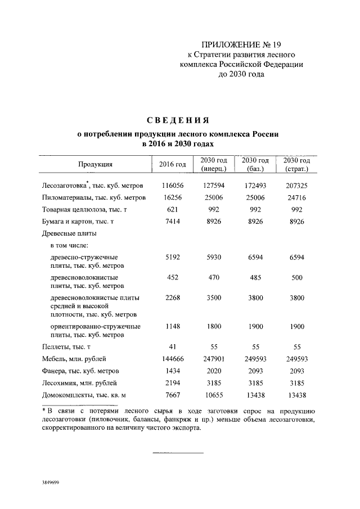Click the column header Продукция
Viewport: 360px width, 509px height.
(95, 164)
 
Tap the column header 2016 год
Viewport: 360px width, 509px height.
(173, 164)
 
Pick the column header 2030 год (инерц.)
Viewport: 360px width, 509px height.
(213, 164)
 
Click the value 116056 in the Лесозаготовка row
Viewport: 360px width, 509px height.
(173, 185)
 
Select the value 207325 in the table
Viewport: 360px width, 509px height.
(298, 185)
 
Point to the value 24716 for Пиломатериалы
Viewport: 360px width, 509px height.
(298, 198)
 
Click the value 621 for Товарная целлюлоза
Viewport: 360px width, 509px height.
(173, 210)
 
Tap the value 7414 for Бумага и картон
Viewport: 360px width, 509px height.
(173, 223)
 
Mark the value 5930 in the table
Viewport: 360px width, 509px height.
(213, 257)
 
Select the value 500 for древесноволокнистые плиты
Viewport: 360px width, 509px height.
(298, 277)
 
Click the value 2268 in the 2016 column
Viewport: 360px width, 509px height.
(173, 298)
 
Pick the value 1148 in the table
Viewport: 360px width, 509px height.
(173, 326)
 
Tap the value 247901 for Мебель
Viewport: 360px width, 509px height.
(213, 359)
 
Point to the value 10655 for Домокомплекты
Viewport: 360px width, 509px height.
(213, 396)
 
